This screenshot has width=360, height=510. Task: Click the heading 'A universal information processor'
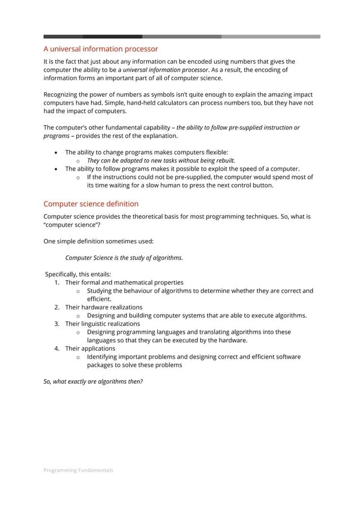[100, 49]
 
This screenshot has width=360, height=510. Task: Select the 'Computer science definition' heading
[91, 203]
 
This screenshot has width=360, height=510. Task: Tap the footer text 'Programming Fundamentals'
[78, 470]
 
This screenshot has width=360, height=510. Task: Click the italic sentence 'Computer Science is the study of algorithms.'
[124, 258]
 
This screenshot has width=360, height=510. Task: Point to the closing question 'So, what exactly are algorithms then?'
[93, 381]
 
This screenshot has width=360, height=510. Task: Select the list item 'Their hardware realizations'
[103, 307]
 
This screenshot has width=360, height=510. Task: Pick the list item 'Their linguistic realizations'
[102, 324]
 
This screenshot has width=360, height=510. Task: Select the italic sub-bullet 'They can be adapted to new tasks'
[160, 160]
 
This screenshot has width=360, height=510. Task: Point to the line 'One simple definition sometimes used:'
[98, 241]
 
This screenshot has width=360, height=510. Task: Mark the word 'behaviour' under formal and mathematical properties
[132, 291]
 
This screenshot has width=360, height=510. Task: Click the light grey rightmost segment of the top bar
[271, 37]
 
